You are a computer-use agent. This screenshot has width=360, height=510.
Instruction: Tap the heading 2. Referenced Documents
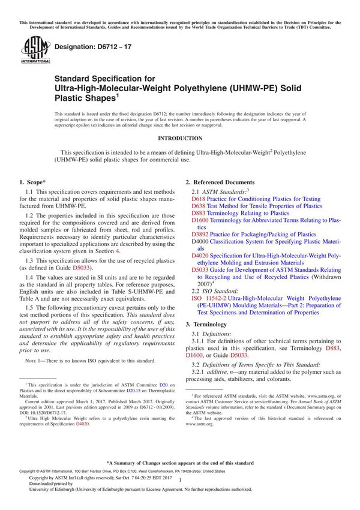click(x=220, y=182)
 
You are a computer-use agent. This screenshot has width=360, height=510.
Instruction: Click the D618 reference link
click(x=198, y=199)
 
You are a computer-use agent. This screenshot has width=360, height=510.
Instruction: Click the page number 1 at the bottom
click(x=180, y=497)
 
